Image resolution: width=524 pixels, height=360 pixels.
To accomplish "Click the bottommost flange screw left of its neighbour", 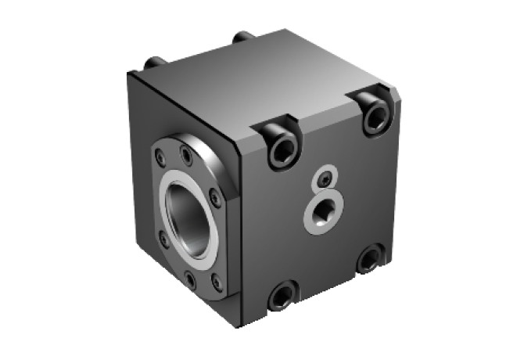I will point(190,277).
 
